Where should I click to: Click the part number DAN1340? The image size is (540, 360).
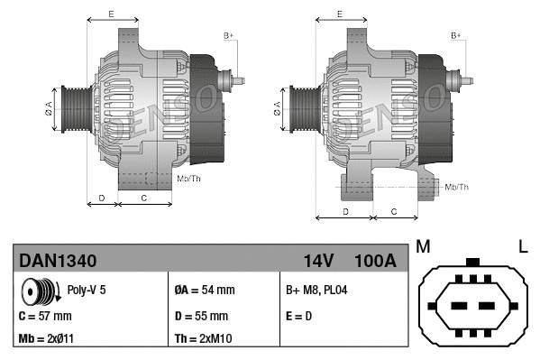(x=58, y=261)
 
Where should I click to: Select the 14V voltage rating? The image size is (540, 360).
(x=318, y=261)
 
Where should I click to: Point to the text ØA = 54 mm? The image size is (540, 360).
(x=204, y=291)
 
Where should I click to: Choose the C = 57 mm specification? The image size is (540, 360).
(x=45, y=317)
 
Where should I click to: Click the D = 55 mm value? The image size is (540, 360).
(x=201, y=317)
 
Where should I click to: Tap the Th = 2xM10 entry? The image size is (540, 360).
(x=204, y=340)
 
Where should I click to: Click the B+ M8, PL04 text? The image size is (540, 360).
(x=316, y=291)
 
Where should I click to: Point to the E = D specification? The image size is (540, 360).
(x=300, y=317)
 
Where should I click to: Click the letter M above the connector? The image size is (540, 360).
(x=422, y=246)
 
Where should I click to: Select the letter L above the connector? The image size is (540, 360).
(x=522, y=246)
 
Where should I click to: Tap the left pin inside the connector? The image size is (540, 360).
(x=454, y=302)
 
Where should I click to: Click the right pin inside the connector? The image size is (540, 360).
(x=490, y=302)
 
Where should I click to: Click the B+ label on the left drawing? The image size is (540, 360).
(x=228, y=35)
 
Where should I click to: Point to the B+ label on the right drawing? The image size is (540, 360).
(x=455, y=35)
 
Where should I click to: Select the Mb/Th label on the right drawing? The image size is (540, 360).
(x=457, y=187)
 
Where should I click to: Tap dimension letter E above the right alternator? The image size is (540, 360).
(x=339, y=14)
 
